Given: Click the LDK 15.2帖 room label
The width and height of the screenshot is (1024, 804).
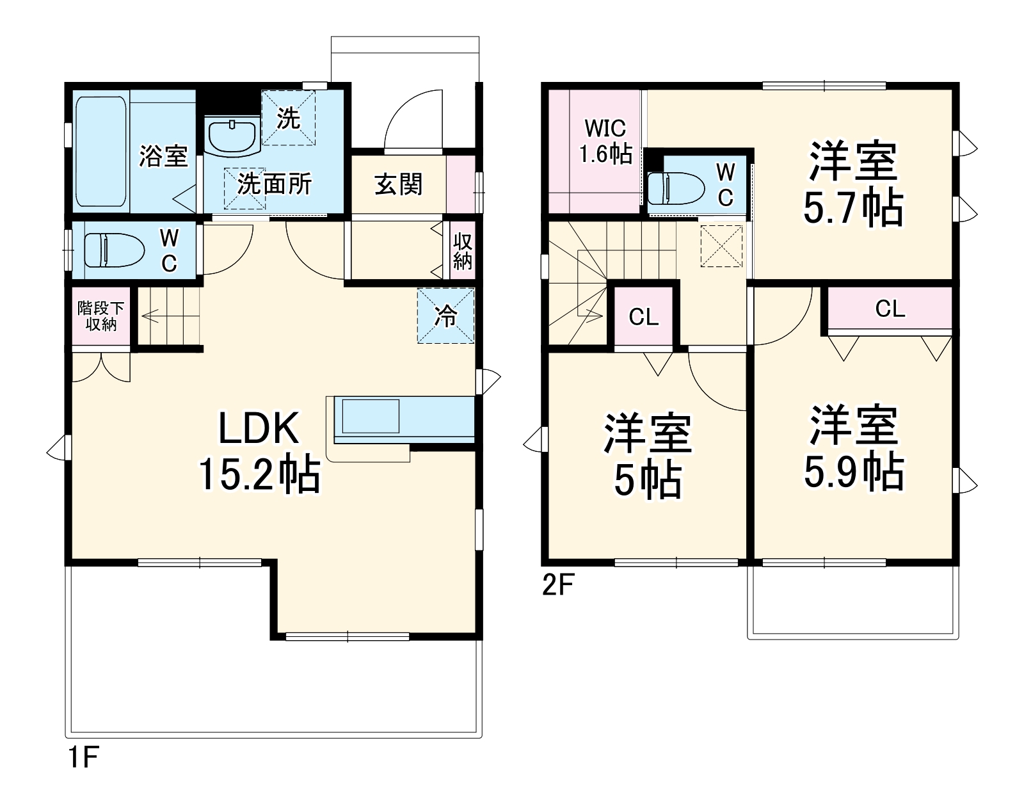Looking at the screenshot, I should click(x=259, y=451).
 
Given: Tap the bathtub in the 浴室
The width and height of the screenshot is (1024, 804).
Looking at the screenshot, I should click(x=100, y=152).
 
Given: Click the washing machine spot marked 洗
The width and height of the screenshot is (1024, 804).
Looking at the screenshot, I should click(x=288, y=118).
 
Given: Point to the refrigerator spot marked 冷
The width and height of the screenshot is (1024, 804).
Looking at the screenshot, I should click(x=445, y=316).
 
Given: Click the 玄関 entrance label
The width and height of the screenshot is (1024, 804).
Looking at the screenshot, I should click(x=398, y=185).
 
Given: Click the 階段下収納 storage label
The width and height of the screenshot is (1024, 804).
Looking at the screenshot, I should click(x=101, y=316).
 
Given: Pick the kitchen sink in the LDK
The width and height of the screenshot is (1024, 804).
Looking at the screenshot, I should click(x=371, y=416).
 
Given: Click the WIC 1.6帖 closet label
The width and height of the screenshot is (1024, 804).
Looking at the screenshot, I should click(x=605, y=141).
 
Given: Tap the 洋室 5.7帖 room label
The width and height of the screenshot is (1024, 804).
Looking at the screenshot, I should click(x=852, y=184).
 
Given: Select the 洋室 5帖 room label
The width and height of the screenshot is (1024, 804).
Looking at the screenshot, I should click(x=647, y=456).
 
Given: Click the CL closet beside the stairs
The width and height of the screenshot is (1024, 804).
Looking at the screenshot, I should click(x=644, y=317).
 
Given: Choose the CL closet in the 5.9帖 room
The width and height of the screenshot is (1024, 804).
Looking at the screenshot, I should click(x=890, y=309).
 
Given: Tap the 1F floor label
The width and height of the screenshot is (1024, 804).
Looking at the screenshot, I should click(x=83, y=758).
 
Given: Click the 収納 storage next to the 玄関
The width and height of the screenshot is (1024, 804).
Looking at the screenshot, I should click(x=462, y=251).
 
